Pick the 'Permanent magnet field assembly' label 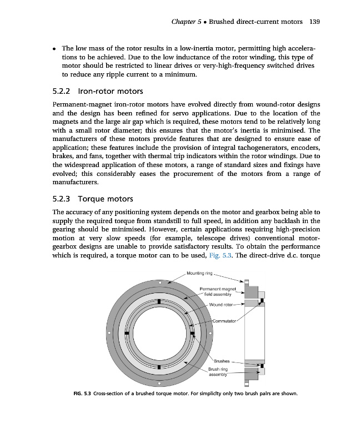tap(218, 291)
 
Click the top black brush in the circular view tap(159, 301)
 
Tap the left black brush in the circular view tap(127, 333)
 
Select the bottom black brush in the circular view tap(159, 366)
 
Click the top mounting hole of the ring tap(159, 282)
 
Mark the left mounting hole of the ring tap(109, 332)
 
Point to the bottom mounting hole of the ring tap(159, 383)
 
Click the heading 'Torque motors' tap(105, 198)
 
